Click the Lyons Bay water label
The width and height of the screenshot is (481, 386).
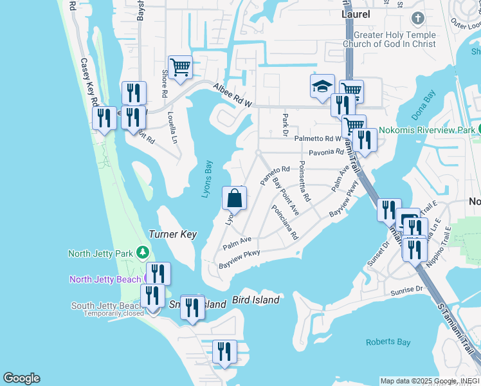206,178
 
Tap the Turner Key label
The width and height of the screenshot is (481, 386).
172,235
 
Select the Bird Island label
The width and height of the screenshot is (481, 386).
255,300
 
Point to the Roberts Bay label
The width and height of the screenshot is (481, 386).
388,342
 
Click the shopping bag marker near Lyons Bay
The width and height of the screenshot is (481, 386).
235,198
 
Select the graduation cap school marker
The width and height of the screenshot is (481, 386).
322,86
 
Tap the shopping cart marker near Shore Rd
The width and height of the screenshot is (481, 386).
181,66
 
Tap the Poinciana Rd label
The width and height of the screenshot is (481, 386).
286,222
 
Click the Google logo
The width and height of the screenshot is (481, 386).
21,378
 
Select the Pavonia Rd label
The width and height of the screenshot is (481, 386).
326,152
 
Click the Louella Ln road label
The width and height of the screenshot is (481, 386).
171,127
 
